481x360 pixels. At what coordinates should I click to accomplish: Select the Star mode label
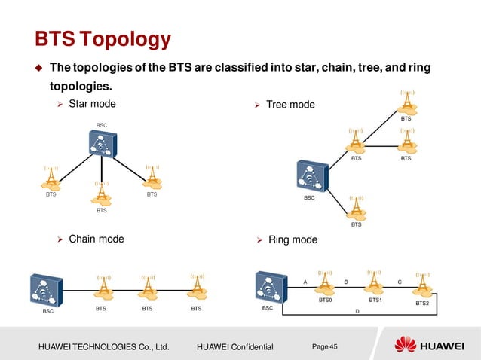[92, 103]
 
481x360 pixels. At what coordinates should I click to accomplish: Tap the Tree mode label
[290, 104]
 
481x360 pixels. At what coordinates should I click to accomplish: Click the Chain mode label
[96, 239]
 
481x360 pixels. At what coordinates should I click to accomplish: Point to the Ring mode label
[293, 240]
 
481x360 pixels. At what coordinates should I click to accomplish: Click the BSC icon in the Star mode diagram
[100, 143]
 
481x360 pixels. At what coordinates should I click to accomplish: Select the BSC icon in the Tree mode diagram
[311, 176]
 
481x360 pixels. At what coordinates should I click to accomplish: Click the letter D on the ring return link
[357, 310]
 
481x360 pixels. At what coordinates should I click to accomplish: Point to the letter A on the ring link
[305, 281]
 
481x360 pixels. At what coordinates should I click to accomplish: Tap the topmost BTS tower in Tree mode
[406, 101]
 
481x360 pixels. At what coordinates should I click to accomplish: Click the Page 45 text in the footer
[325, 346]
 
